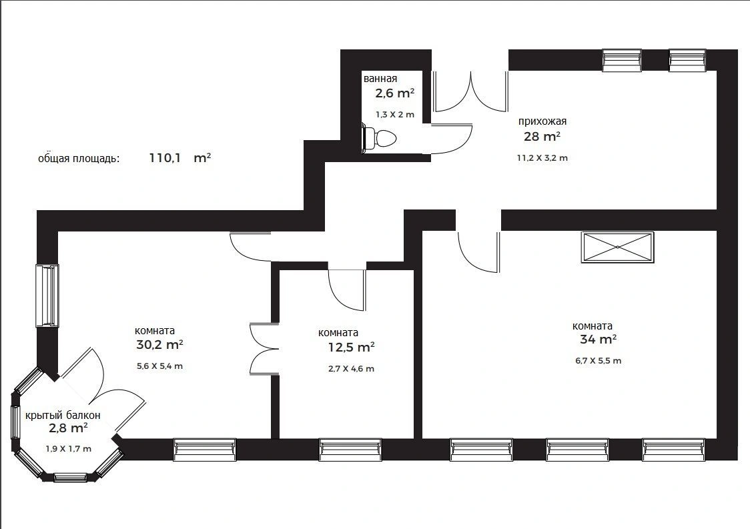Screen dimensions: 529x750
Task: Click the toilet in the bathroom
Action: coord(381,138)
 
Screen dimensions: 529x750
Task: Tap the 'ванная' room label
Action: coord(380,79)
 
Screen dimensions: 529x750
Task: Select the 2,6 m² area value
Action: coord(394,93)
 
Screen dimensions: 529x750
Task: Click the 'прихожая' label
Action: coord(542,121)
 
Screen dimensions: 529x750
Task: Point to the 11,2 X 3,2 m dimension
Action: coord(542,158)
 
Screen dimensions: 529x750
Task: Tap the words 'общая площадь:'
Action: coord(79,159)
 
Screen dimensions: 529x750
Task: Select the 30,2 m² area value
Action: coord(159,346)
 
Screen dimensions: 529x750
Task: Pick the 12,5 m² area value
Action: coord(347,348)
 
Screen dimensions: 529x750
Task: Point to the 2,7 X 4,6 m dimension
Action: coord(351,369)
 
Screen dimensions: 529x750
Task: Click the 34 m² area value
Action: coord(598,340)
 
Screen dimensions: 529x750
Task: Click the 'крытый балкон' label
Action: coord(63,415)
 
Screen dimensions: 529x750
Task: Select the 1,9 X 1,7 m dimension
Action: coord(68,449)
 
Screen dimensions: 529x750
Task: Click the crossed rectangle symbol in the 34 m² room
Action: coord(618,247)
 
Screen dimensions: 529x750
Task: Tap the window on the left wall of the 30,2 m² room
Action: coord(47,296)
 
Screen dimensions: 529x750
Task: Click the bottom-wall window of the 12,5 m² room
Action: coord(350,449)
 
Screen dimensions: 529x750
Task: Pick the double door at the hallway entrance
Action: coord(471,91)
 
